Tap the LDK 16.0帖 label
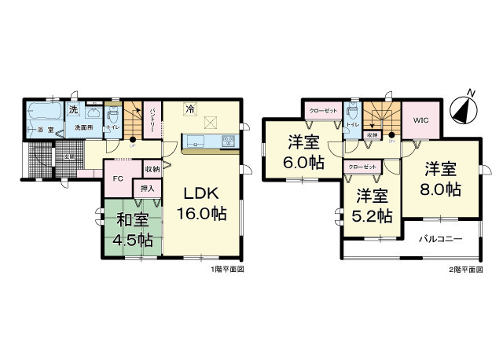click(x=206, y=202)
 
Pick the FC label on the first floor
click(x=119, y=178)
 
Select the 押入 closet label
click(x=148, y=189)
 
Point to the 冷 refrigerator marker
click(x=190, y=111)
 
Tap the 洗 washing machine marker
click(x=73, y=109)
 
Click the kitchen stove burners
click(x=229, y=141)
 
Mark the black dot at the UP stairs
click(x=133, y=140)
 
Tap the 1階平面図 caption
click(x=228, y=270)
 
